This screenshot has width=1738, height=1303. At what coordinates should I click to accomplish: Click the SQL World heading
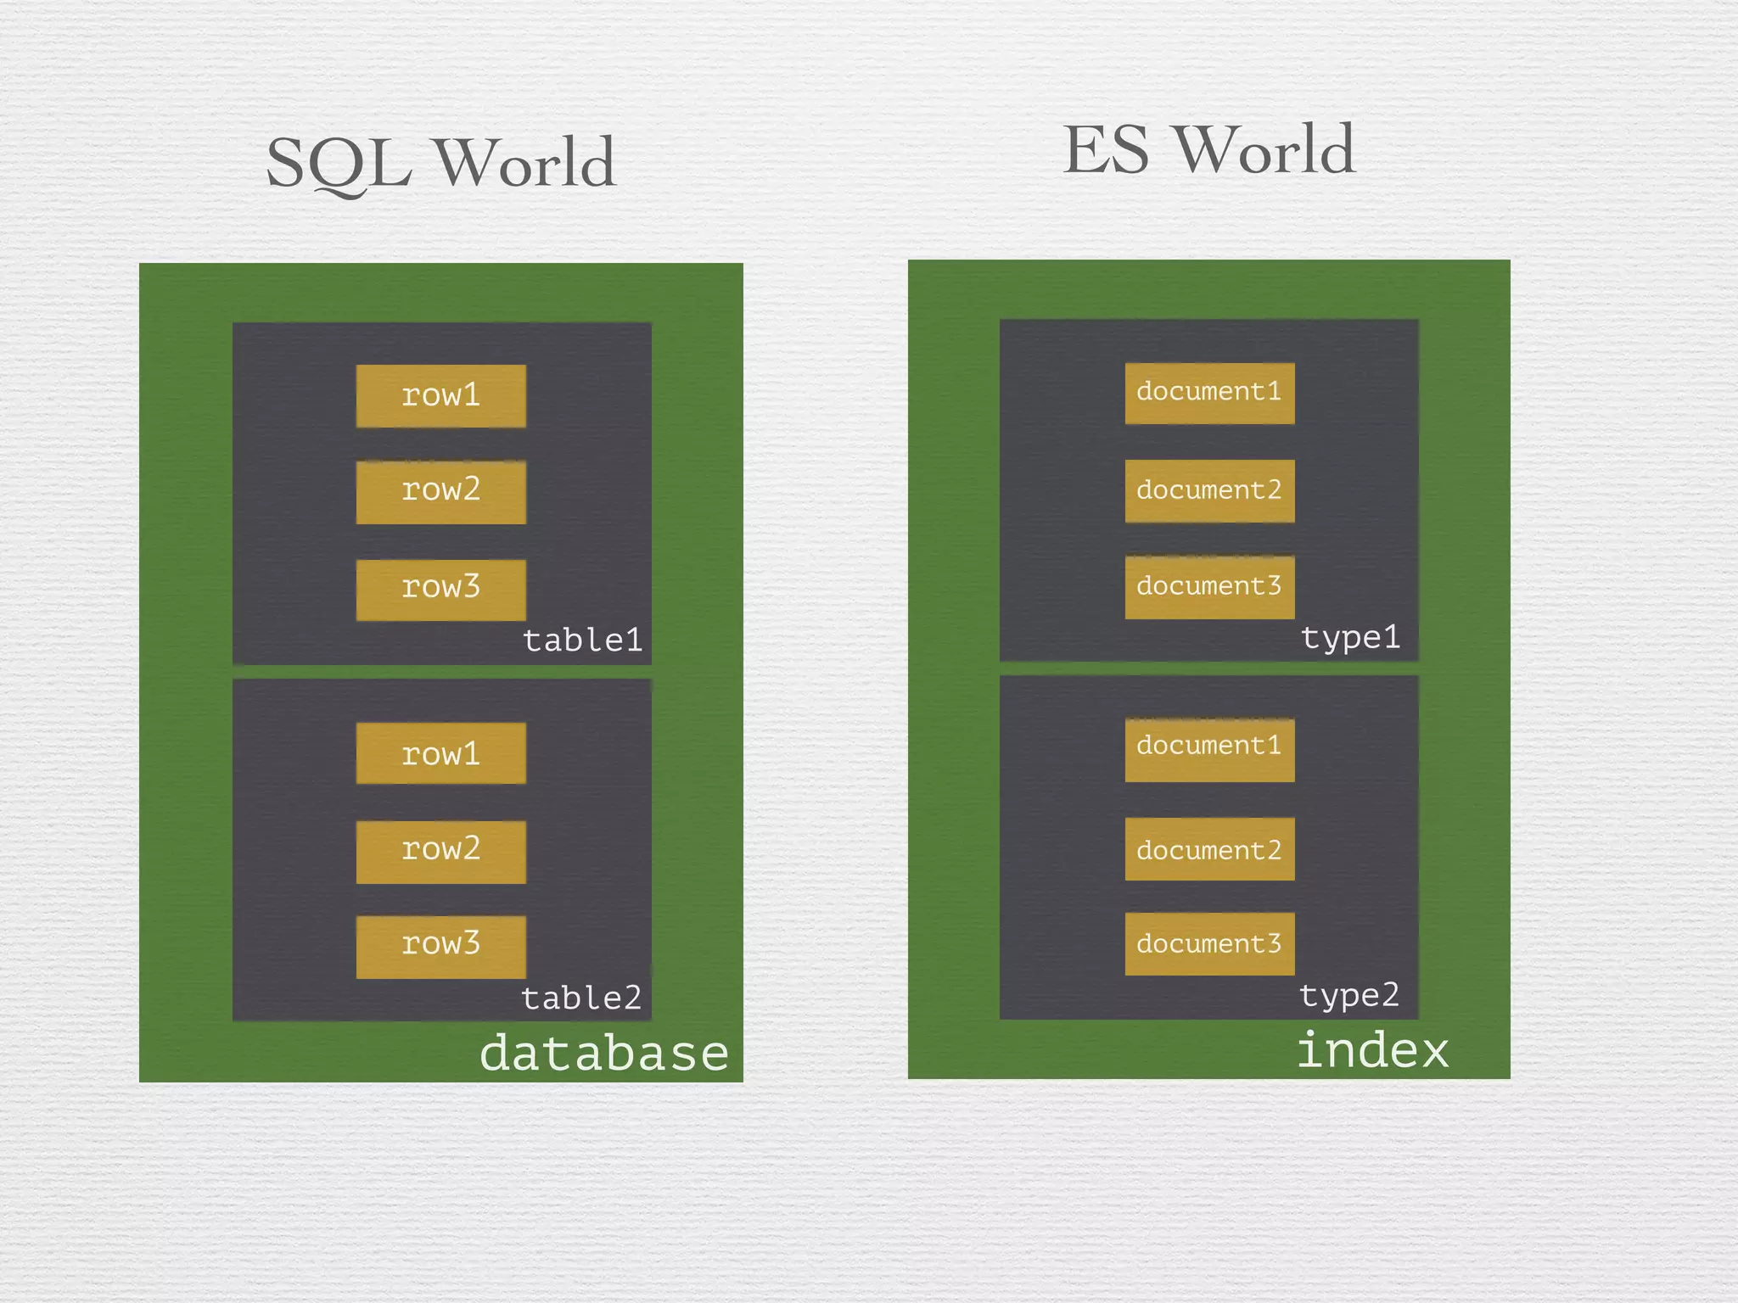click(440, 163)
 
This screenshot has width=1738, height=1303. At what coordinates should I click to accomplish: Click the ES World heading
click(1208, 150)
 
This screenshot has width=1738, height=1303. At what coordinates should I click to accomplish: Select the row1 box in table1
click(440, 395)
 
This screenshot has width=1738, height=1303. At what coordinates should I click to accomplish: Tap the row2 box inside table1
click(440, 491)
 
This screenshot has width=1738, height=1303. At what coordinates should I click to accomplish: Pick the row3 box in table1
click(440, 589)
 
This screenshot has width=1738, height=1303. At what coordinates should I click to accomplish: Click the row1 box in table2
click(440, 753)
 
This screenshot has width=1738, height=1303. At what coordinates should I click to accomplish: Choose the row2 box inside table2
click(440, 851)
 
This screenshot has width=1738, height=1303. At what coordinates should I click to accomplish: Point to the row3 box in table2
click(440, 946)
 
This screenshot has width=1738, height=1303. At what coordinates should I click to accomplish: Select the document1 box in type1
click(1209, 393)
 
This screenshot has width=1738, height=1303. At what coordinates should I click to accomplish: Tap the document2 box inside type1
click(1209, 490)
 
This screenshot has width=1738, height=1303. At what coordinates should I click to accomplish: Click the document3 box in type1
click(1209, 587)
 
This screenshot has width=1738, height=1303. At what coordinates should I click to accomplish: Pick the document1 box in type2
click(1209, 749)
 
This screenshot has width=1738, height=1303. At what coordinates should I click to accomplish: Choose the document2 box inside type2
click(1209, 848)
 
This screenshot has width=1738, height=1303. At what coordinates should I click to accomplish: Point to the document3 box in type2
click(1209, 943)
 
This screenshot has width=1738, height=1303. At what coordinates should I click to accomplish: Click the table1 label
click(582, 640)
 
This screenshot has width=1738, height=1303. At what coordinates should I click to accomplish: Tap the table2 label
click(581, 998)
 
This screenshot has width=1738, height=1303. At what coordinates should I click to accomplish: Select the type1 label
click(1350, 637)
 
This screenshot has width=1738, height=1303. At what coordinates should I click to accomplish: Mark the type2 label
click(1349, 995)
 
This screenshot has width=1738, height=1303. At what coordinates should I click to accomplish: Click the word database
click(604, 1053)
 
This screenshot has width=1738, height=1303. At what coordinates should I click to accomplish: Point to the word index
click(1372, 1050)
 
